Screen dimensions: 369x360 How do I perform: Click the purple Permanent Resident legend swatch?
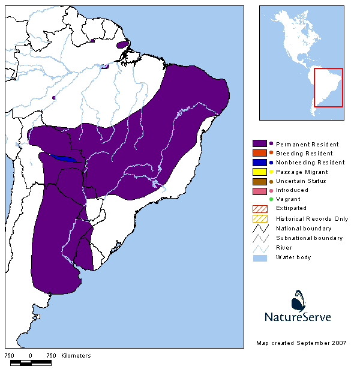[259, 144]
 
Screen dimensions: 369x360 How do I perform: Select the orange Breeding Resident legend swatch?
[259, 153]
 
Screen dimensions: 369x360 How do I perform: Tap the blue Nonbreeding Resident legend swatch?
[259, 162]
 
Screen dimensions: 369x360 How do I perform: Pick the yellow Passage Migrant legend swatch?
[259, 172]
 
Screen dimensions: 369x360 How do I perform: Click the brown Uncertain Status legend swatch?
[259, 181]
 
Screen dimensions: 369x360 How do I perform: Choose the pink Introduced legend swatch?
[259, 190]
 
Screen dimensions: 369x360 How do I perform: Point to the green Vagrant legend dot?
[271, 199]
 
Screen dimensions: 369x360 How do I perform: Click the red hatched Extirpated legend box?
[259, 208]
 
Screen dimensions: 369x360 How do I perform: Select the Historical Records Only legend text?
[311, 218]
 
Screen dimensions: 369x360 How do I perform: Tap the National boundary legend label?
[304, 228]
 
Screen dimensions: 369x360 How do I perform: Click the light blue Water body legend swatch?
[259, 257]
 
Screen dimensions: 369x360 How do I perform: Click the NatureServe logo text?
[298, 316]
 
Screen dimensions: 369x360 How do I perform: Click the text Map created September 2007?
[301, 343]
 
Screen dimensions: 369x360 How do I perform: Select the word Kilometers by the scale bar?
[76, 355]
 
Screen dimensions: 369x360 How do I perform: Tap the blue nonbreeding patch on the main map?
[63, 158]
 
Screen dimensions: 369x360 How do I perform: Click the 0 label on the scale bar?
[30, 355]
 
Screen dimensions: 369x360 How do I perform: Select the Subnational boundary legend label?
[309, 238]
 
